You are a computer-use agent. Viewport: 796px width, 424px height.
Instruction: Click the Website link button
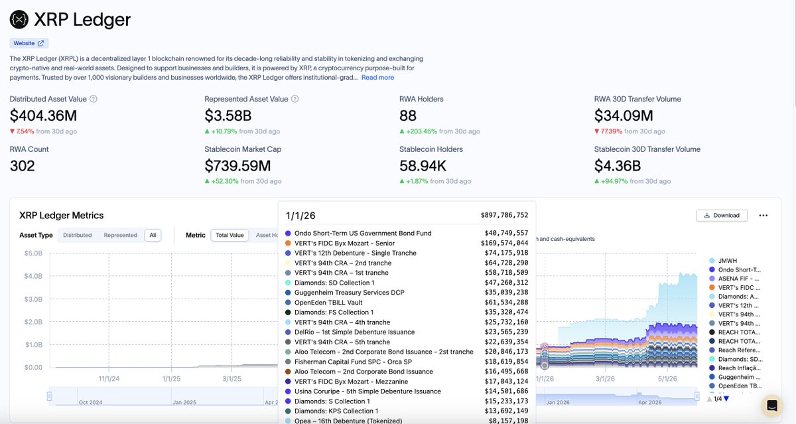click(29, 43)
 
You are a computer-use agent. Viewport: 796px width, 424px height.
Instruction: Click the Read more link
click(377, 78)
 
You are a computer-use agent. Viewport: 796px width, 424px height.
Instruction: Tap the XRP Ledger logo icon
click(19, 19)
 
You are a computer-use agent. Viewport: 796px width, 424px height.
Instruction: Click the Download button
click(722, 216)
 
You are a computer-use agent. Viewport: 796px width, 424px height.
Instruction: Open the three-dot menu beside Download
click(763, 216)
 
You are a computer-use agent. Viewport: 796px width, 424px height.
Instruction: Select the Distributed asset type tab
click(77, 235)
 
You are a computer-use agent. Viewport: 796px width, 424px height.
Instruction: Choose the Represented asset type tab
click(121, 235)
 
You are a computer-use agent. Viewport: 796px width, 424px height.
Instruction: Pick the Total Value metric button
click(230, 235)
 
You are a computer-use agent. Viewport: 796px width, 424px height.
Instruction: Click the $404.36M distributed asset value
click(43, 115)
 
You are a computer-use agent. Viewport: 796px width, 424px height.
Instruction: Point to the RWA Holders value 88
click(407, 115)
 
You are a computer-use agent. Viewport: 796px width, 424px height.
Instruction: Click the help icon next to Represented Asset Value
click(295, 99)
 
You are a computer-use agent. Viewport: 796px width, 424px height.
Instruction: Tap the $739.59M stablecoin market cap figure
click(237, 166)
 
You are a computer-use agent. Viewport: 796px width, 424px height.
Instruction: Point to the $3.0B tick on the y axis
click(33, 299)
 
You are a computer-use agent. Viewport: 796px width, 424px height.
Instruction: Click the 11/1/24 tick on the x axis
click(109, 378)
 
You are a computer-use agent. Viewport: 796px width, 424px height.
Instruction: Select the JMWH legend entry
click(723, 261)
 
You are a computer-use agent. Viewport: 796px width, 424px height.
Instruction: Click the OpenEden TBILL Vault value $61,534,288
click(506, 303)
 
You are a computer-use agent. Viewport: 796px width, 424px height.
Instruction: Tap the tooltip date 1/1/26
click(300, 216)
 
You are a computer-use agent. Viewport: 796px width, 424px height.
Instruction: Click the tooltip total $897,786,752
click(504, 215)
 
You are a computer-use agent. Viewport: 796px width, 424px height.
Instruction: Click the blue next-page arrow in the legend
click(726, 399)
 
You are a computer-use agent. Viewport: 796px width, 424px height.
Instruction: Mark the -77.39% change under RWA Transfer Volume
click(608, 131)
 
